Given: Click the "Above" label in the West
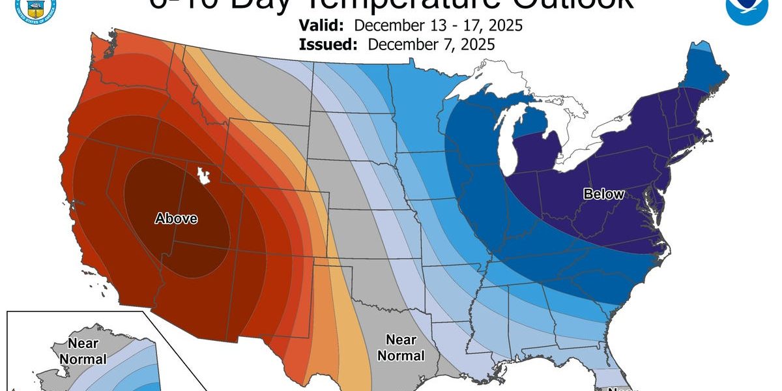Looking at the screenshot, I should (176, 219).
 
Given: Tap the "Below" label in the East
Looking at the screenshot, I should (603, 194).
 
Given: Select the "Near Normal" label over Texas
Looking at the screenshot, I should (401, 347).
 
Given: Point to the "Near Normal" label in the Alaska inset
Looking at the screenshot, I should (87, 351).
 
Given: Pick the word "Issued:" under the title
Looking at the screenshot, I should (328, 44).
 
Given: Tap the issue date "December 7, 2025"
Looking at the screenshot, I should (431, 44).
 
